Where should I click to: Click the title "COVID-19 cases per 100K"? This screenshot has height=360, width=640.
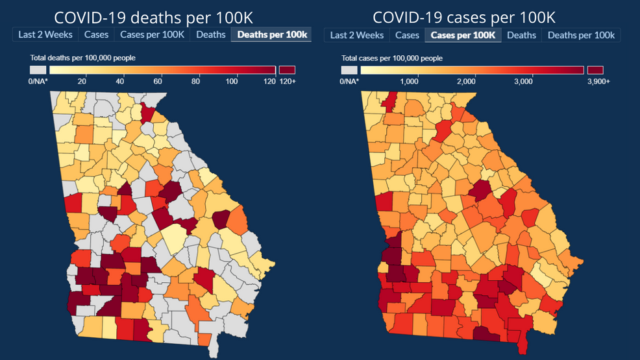(464, 17)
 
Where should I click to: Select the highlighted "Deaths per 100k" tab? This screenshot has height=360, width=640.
(271, 34)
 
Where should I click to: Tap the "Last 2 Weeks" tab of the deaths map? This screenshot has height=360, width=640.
(45, 34)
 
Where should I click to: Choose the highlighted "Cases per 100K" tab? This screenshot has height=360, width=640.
(463, 35)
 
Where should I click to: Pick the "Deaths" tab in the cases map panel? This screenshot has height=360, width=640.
(521, 35)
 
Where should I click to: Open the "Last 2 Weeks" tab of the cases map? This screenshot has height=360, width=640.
(356, 35)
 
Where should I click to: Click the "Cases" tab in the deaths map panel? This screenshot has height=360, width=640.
(96, 34)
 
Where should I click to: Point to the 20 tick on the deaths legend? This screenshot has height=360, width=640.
(82, 81)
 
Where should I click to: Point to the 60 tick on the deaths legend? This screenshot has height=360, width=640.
(158, 81)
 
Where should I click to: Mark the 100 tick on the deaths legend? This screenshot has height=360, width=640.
(232, 81)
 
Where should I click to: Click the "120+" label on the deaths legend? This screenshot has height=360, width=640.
(288, 81)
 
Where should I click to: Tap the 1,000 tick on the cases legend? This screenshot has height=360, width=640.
(418, 81)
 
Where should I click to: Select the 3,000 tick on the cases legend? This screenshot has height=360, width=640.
(532, 81)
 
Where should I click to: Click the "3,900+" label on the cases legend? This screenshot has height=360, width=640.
(597, 81)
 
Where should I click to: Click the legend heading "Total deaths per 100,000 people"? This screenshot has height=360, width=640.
(82, 58)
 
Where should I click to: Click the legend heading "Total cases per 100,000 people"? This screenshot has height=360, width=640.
(392, 58)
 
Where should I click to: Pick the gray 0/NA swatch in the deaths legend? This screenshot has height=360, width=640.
(38, 69)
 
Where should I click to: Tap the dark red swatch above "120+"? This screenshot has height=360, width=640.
(287, 69)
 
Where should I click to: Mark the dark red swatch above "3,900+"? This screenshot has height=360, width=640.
(595, 69)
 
